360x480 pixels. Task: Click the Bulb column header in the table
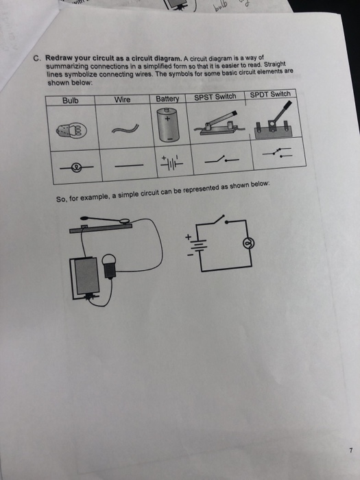tap(71, 101)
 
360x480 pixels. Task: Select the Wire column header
tap(122, 99)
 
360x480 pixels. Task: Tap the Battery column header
tap(167, 99)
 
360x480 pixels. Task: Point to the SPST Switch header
tap(215, 97)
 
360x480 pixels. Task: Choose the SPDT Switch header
tap(270, 94)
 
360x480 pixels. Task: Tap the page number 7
tap(349, 451)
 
